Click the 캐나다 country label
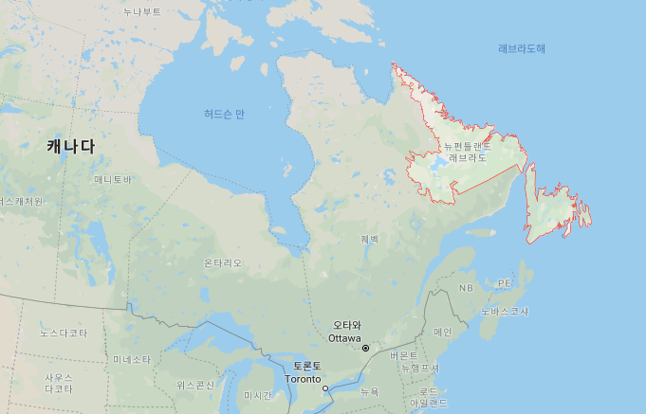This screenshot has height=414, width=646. [x=71, y=147]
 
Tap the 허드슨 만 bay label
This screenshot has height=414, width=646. [x=224, y=114]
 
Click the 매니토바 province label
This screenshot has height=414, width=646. [x=113, y=179]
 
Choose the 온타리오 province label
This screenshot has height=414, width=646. [x=223, y=262]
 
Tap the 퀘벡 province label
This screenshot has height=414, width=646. [x=369, y=239]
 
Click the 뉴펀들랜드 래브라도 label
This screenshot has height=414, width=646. [x=467, y=152]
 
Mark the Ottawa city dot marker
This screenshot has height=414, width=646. [x=365, y=348]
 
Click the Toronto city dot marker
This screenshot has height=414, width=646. [x=324, y=388]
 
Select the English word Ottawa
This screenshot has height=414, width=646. [x=344, y=338]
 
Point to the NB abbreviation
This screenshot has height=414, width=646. [x=466, y=288]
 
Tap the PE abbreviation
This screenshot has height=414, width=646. [x=505, y=283]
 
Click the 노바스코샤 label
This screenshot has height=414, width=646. [x=505, y=311]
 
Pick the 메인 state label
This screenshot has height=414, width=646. [x=442, y=332]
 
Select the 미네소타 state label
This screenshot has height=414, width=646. [x=132, y=360]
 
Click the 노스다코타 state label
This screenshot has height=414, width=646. [x=64, y=333]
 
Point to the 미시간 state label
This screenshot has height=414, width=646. [x=257, y=395]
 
